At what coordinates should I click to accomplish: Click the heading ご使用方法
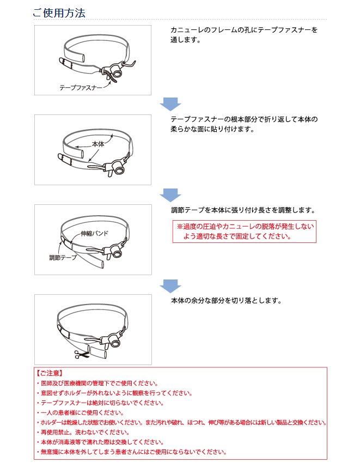pos(59,13)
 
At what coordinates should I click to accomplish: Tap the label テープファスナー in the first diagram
pos(81,87)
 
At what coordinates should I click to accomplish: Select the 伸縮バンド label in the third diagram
pos(93,233)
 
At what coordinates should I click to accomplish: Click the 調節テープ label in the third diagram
pos(63,257)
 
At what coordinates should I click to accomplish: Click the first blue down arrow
pos(170,104)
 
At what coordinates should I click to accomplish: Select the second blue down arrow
pos(170,194)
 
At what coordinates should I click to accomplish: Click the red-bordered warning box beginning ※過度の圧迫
pos(244,232)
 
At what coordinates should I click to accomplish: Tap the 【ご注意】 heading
pos(50,374)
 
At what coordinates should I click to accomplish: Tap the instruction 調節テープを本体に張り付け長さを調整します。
pos(243,210)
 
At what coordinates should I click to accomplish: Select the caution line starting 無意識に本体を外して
pos(131,452)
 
